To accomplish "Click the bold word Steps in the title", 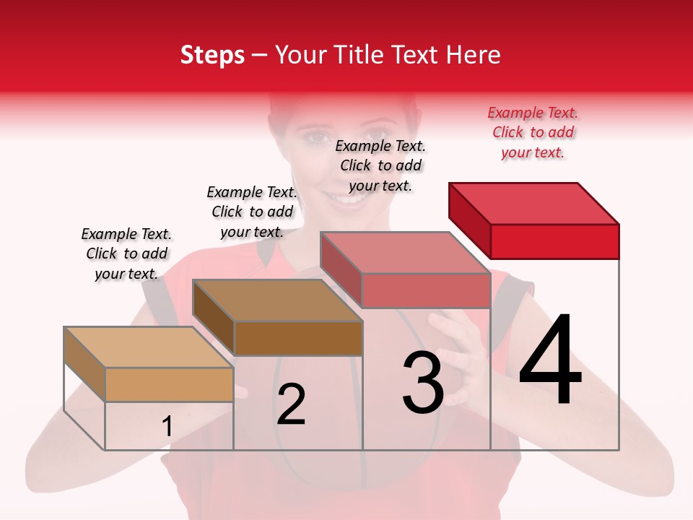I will [x=212, y=55].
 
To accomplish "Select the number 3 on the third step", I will [x=423, y=382].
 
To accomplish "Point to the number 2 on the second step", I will [x=291, y=404].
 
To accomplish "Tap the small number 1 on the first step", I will [x=167, y=427].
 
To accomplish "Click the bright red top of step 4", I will [x=534, y=203].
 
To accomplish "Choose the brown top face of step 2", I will [x=277, y=300].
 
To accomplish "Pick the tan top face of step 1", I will [x=148, y=347].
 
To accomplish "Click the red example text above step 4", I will [x=533, y=132].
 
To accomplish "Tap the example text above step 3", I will [x=380, y=165].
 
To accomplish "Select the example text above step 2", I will [x=252, y=212].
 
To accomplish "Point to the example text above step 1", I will [x=126, y=253].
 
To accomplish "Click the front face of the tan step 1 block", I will [x=169, y=384].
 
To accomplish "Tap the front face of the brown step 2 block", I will [x=298, y=338].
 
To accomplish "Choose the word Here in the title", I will [x=474, y=55].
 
